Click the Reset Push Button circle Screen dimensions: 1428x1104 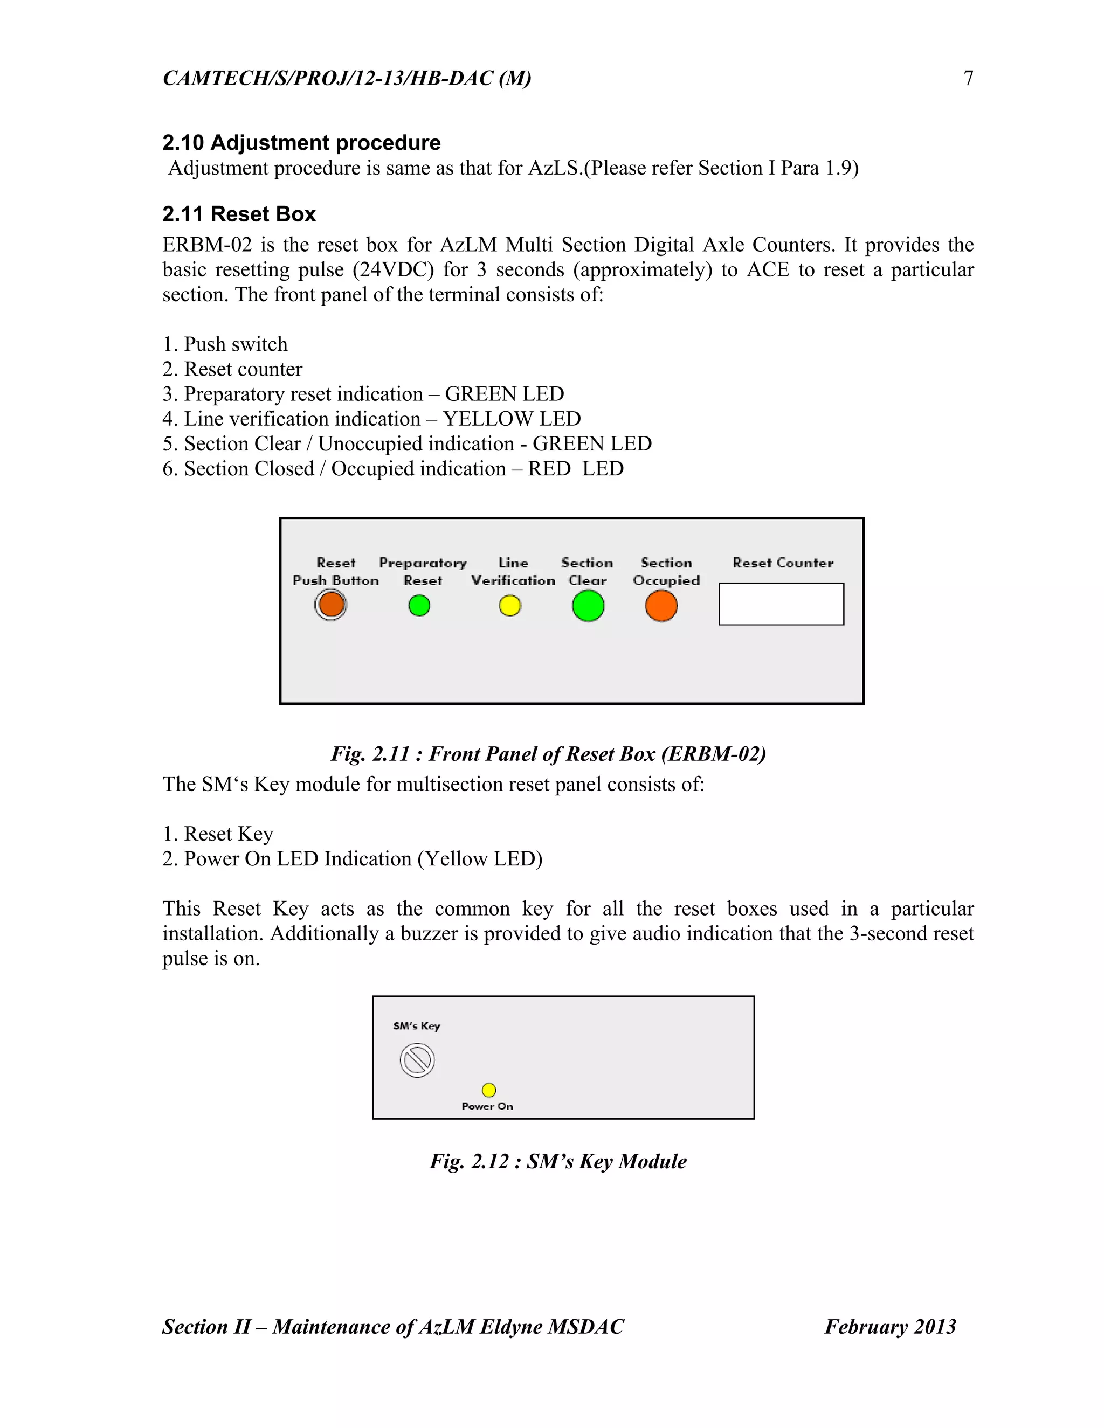tap(330, 604)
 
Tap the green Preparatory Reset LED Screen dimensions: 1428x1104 tap(419, 606)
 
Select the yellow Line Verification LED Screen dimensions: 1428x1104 tap(510, 606)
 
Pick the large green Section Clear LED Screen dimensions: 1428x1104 tap(588, 606)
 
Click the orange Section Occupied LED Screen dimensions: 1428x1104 tap(661, 606)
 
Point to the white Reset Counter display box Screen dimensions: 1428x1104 tap(781, 604)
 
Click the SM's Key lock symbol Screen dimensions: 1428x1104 tap(417, 1060)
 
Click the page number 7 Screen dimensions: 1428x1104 tap(968, 79)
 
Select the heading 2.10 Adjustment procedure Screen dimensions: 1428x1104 tap(301, 143)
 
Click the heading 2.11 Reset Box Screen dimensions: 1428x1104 tap(239, 214)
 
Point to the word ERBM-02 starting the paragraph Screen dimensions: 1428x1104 tap(206, 245)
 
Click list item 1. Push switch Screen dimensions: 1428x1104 tap(225, 344)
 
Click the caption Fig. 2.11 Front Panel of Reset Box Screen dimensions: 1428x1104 tap(548, 754)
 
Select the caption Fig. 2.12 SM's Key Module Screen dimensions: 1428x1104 tap(558, 1161)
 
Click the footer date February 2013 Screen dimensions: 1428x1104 tap(890, 1327)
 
